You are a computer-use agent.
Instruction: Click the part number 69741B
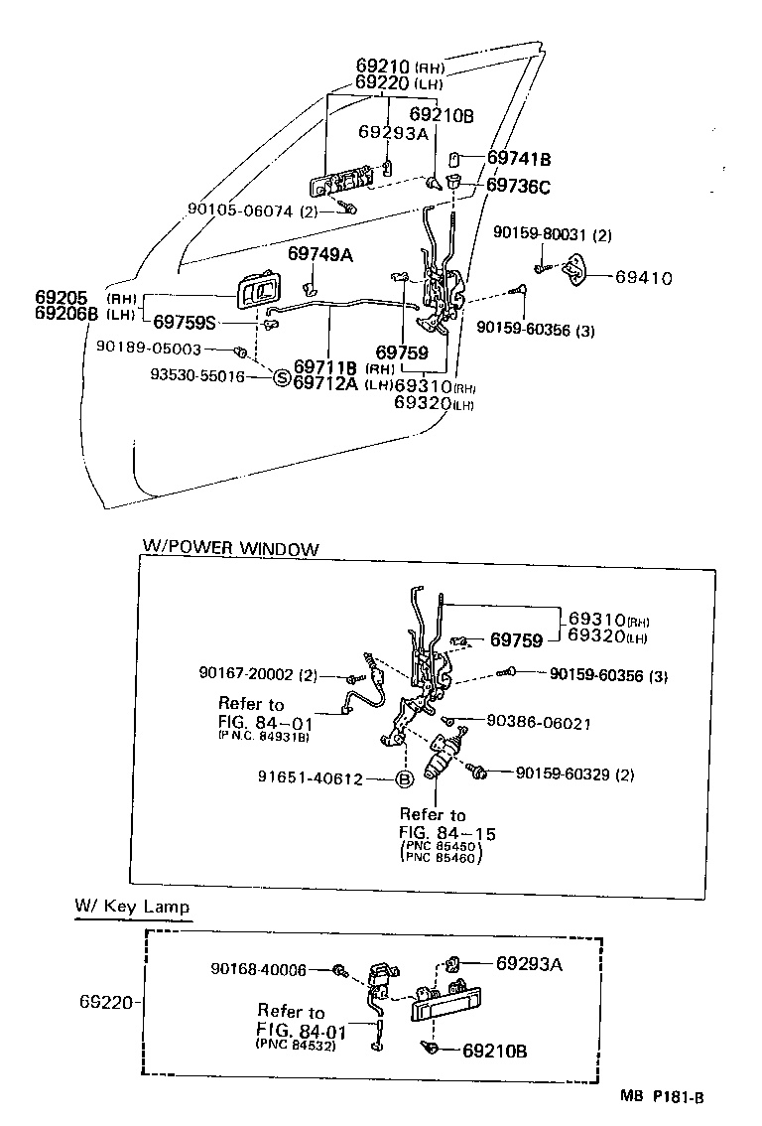tap(518, 158)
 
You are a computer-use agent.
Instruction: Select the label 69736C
tap(518, 185)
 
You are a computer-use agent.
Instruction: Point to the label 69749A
tap(320, 254)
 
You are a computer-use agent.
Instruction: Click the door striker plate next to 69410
tap(576, 269)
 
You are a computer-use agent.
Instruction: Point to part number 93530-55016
tap(197, 377)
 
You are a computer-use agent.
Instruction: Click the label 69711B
tap(325, 366)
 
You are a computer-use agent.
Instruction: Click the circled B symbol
tap(405, 779)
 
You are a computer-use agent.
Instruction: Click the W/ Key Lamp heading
tap(132, 907)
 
